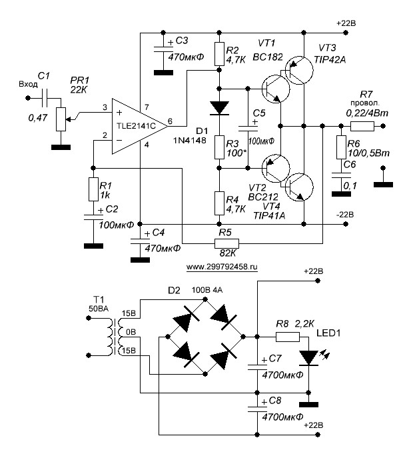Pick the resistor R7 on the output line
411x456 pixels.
click(362, 125)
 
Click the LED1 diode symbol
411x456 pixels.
click(308, 357)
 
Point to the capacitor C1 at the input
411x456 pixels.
click(44, 98)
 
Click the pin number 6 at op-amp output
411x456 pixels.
click(171, 121)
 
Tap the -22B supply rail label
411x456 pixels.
click(347, 215)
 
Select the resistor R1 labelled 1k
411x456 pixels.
click(92, 189)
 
